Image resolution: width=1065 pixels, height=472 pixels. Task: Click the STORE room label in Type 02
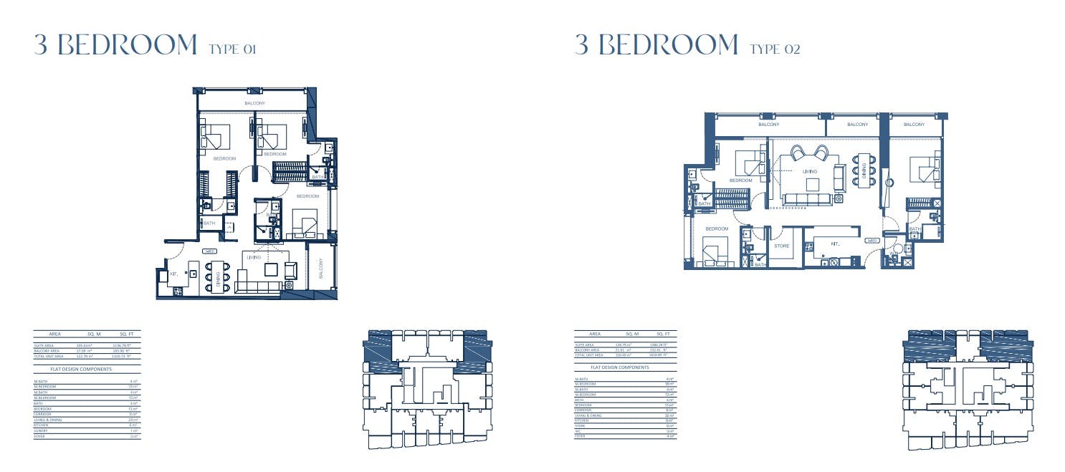click(781, 246)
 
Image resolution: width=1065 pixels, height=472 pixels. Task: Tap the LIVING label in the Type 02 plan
click(810, 172)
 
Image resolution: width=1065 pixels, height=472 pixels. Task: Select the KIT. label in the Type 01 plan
click(173, 274)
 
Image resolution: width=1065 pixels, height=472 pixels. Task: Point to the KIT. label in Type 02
click(835, 244)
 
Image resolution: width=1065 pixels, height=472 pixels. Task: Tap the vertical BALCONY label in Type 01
click(320, 269)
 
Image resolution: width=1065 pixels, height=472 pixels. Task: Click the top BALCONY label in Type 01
click(254, 104)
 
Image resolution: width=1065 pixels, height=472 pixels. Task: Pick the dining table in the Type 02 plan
click(863, 170)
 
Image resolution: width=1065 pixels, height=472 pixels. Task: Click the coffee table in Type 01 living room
click(270, 269)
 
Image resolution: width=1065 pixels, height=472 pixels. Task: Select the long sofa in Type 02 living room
click(806, 198)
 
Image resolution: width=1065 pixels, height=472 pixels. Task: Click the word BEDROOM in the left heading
click(128, 45)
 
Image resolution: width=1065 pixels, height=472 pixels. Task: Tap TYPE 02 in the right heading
click(775, 49)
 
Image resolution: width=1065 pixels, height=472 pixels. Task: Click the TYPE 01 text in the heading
click(231, 49)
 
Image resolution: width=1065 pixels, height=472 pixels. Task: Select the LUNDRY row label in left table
click(41, 430)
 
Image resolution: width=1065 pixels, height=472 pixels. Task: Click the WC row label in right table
click(578, 430)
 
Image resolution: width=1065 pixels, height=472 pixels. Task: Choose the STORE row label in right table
click(581, 425)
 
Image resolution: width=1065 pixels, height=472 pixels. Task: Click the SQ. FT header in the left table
click(126, 334)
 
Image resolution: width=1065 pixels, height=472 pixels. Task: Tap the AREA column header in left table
click(54, 334)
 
